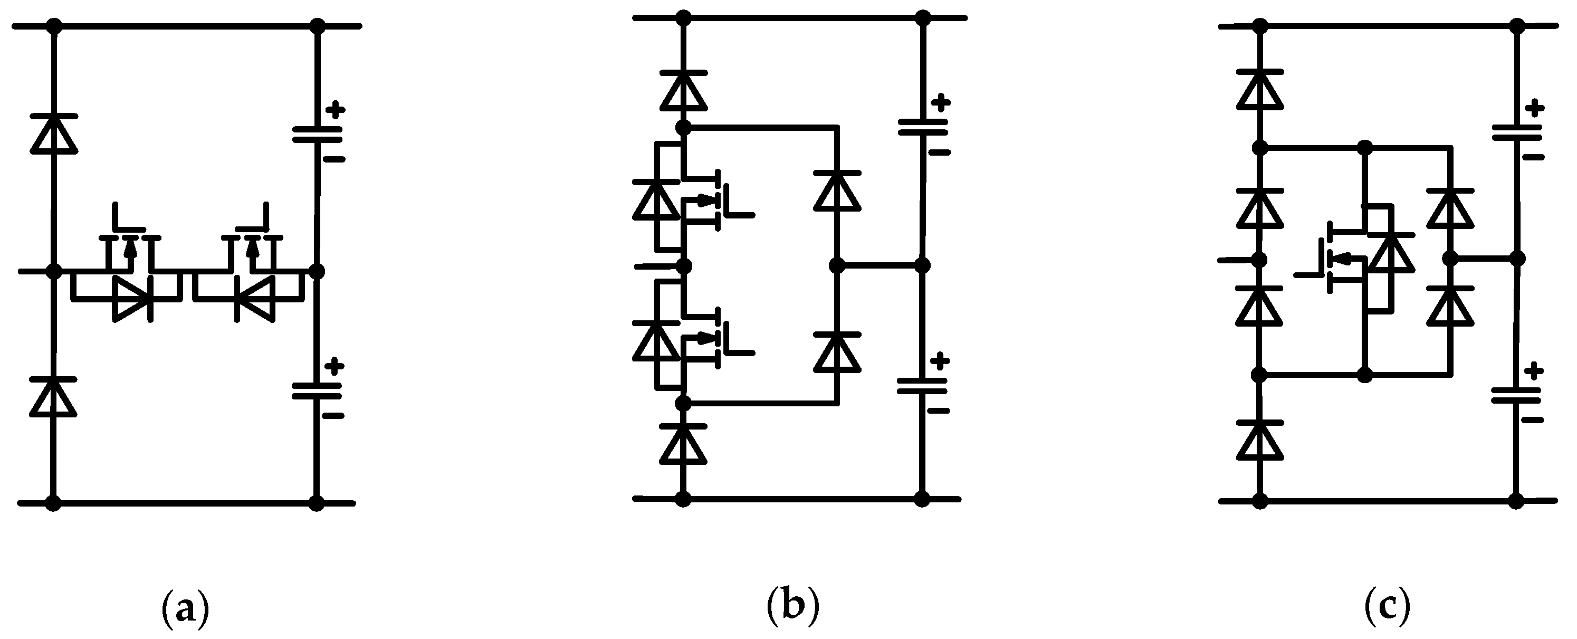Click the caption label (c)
point(1388,607)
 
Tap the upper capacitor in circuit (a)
point(317,135)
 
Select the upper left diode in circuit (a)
point(54,133)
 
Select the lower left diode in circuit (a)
point(53,397)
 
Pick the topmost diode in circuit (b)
point(684,91)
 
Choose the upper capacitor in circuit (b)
point(923,127)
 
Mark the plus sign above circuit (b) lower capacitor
point(940,361)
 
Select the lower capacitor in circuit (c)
point(1516,395)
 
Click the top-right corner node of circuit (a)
point(317,26)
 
